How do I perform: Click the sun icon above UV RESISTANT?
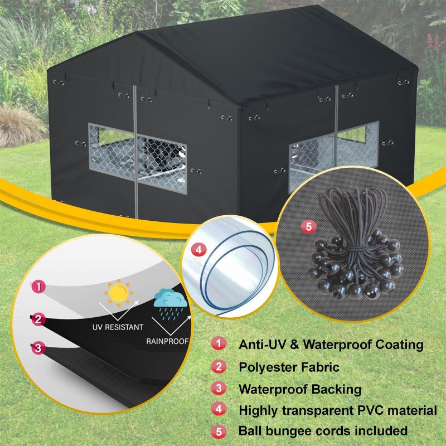[x=118, y=293]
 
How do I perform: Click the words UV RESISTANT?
[x=118, y=327]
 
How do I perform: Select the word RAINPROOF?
[x=168, y=341]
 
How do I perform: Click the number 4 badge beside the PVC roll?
[x=198, y=250]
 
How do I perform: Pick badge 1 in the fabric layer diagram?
[x=38, y=287]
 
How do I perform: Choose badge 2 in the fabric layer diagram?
[x=38, y=319]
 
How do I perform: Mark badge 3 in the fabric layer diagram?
[x=38, y=348]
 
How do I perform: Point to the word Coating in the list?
[x=399, y=345]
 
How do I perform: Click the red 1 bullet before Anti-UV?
[x=219, y=343]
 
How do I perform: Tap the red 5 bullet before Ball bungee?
[x=219, y=431]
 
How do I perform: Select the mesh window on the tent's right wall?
[x=333, y=157]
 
